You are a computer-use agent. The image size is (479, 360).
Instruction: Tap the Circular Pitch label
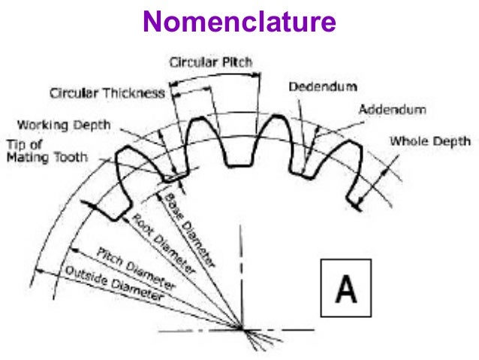211,61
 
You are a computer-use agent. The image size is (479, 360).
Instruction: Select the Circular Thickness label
107,93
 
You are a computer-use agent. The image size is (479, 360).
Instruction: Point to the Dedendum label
323,86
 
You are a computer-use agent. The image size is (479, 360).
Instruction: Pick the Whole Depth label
429,141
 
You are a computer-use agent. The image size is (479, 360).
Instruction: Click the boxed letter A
345,288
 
